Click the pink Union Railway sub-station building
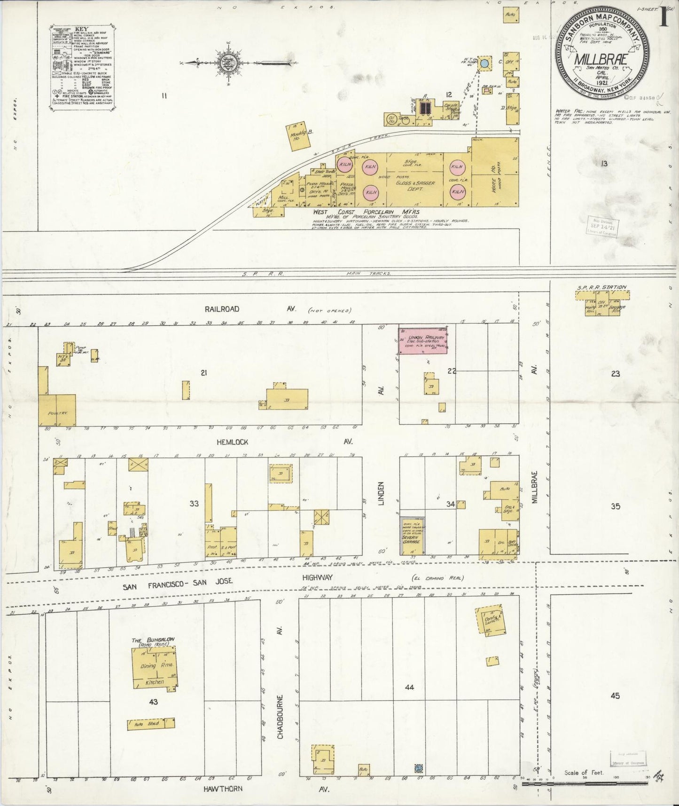coord(423,341)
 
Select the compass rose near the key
coord(228,63)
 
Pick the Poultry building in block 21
coord(57,410)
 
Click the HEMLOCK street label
coord(232,442)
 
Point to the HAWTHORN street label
coord(223,788)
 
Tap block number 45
coord(615,695)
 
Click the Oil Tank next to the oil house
coord(405,119)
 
